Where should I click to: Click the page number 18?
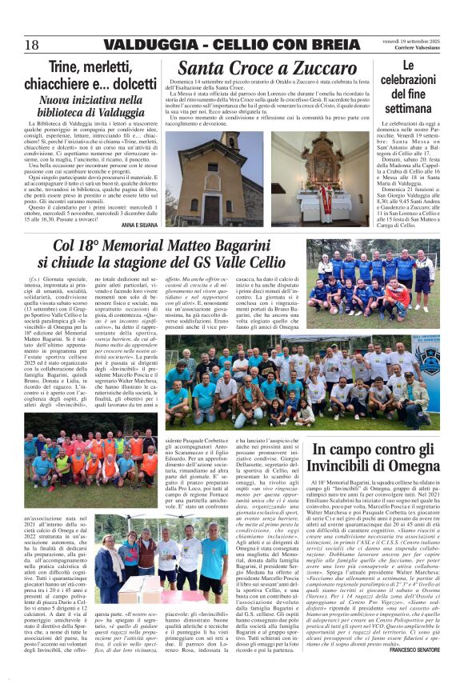point(32,44)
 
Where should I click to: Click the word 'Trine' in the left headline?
point(74,68)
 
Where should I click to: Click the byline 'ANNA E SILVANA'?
point(140,226)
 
